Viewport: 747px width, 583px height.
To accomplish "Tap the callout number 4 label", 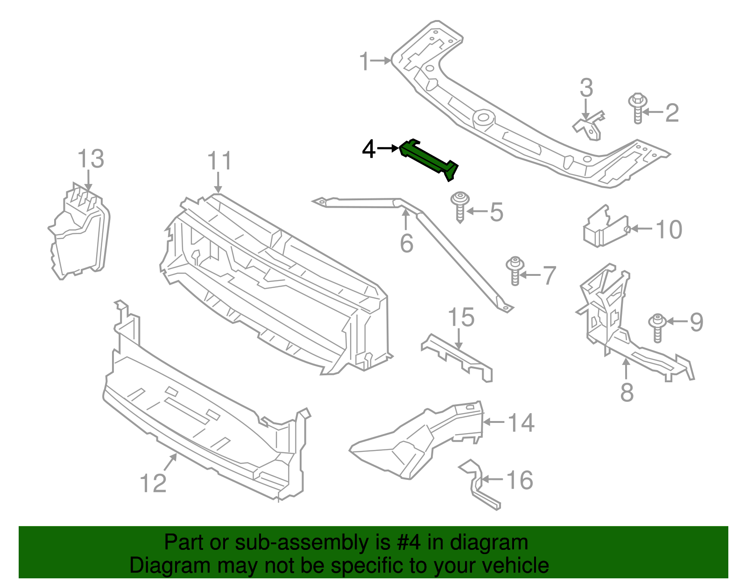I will coord(369,149).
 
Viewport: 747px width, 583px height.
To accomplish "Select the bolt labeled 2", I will coord(637,108).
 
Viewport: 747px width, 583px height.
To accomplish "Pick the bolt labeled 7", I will coord(515,271).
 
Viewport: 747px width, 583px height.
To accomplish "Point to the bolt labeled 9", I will coord(657,328).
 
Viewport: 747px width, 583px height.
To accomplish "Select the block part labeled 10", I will coord(605,229).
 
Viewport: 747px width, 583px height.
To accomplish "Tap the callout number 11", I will coord(219,162).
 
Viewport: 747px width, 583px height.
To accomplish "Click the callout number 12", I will coord(153,483).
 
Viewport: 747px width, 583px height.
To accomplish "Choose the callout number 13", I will coord(91,159).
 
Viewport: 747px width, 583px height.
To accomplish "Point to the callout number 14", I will coord(521,423).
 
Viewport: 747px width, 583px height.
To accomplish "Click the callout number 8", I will coord(627,392).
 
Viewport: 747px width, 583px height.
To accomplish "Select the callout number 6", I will coord(407,243).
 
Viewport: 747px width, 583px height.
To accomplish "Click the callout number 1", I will coord(365,62).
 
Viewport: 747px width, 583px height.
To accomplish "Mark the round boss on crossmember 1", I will coord(483,117).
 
